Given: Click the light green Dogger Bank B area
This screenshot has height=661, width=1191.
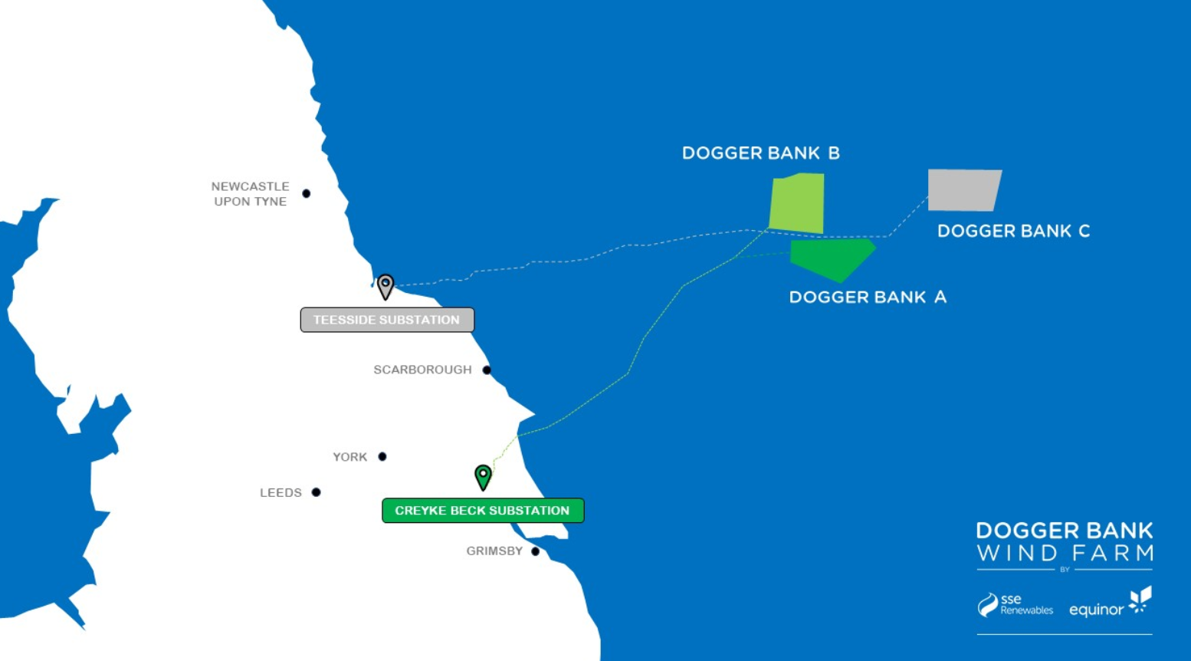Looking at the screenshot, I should click(797, 203).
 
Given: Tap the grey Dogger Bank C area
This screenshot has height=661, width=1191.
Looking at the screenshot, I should click(964, 189).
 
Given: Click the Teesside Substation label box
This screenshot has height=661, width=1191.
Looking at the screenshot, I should click(387, 320).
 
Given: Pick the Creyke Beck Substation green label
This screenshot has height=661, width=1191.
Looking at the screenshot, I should click(483, 511).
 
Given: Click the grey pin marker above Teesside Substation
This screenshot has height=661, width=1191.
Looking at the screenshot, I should click(386, 285).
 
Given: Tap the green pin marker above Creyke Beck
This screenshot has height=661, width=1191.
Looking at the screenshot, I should click(483, 476).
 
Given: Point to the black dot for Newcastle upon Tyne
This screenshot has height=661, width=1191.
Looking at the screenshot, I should click(307, 193).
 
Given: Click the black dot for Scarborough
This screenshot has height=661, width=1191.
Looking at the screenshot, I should click(487, 370).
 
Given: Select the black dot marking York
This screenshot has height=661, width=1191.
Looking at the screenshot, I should click(382, 456).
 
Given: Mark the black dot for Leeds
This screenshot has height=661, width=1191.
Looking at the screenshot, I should click(316, 492).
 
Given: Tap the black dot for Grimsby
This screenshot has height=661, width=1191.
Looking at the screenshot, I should click(535, 551).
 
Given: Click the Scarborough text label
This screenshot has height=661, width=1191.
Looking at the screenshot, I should click(422, 370).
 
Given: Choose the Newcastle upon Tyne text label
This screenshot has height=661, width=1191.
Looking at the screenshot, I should click(251, 194).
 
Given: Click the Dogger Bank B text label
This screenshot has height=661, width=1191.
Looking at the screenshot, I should click(761, 153).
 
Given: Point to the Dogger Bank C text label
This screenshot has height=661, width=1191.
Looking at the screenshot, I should click(1013, 231).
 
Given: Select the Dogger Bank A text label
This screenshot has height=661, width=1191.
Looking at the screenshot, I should click(868, 298).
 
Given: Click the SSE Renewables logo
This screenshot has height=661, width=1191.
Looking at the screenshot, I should click(1015, 605).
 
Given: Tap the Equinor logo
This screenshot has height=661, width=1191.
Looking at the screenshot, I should click(1110, 603).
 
